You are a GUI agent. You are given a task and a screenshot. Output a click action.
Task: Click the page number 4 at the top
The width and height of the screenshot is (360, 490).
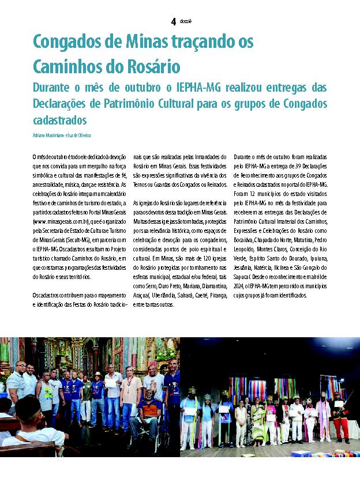click(173, 21)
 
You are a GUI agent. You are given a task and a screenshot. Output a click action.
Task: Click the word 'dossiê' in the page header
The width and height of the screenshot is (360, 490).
click(186, 21)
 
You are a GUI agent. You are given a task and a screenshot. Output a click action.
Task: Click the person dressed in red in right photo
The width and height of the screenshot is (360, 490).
click(341, 415)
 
